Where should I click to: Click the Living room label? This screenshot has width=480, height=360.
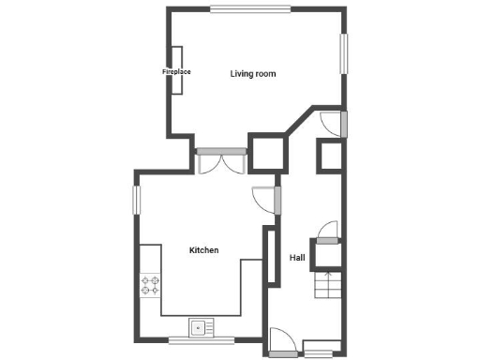(253, 74)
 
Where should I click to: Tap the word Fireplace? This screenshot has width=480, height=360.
(176, 71)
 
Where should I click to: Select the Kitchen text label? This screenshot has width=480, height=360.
(203, 250)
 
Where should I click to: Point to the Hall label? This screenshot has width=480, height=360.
(296, 258)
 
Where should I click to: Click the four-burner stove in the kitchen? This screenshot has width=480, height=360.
(150, 285)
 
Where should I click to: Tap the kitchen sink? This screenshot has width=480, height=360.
(199, 327)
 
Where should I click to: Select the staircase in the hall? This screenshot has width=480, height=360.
(329, 285)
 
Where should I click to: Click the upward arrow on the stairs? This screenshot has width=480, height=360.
(328, 276)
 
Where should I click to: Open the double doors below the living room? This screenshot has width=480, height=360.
(221, 161)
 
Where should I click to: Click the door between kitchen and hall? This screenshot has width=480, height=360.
(266, 200)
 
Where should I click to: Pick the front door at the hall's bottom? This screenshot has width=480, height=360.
(281, 343)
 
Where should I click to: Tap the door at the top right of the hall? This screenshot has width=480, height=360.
(332, 122)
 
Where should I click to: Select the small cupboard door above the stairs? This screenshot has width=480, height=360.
(328, 232)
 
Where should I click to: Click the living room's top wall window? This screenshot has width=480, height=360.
(248, 10)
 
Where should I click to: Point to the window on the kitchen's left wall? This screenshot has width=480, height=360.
(136, 198)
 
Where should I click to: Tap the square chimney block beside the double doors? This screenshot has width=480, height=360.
(264, 151)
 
